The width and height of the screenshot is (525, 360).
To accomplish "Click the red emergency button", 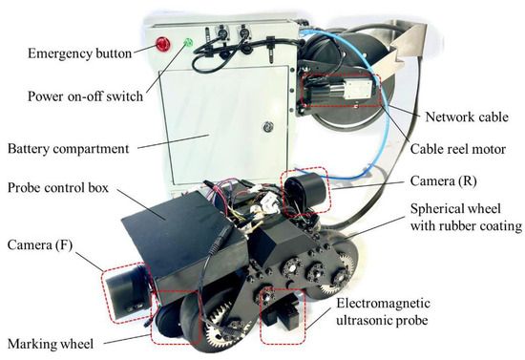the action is tap(162, 44).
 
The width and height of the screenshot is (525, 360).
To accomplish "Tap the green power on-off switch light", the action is tap(188, 43).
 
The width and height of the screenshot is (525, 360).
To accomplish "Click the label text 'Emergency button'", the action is tap(79, 53).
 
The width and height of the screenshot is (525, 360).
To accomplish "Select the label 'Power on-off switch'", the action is tap(85, 96).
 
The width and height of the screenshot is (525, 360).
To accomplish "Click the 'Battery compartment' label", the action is tap(69, 149).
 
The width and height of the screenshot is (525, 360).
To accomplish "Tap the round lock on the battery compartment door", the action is tap(268, 127).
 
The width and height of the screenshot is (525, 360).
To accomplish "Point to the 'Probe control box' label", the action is tap(58, 187).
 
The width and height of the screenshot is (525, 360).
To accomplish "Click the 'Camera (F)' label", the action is tap(40, 245).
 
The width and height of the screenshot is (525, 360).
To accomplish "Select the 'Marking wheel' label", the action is tap(51, 344).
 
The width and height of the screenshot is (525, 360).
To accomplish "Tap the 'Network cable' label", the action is tap(467, 116).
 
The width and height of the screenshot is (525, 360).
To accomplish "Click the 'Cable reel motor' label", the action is tap(458, 149).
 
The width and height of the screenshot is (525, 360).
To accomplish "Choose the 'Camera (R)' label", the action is tap(444, 180).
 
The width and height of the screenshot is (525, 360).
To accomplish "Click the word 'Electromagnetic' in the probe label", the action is tap(383, 304).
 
